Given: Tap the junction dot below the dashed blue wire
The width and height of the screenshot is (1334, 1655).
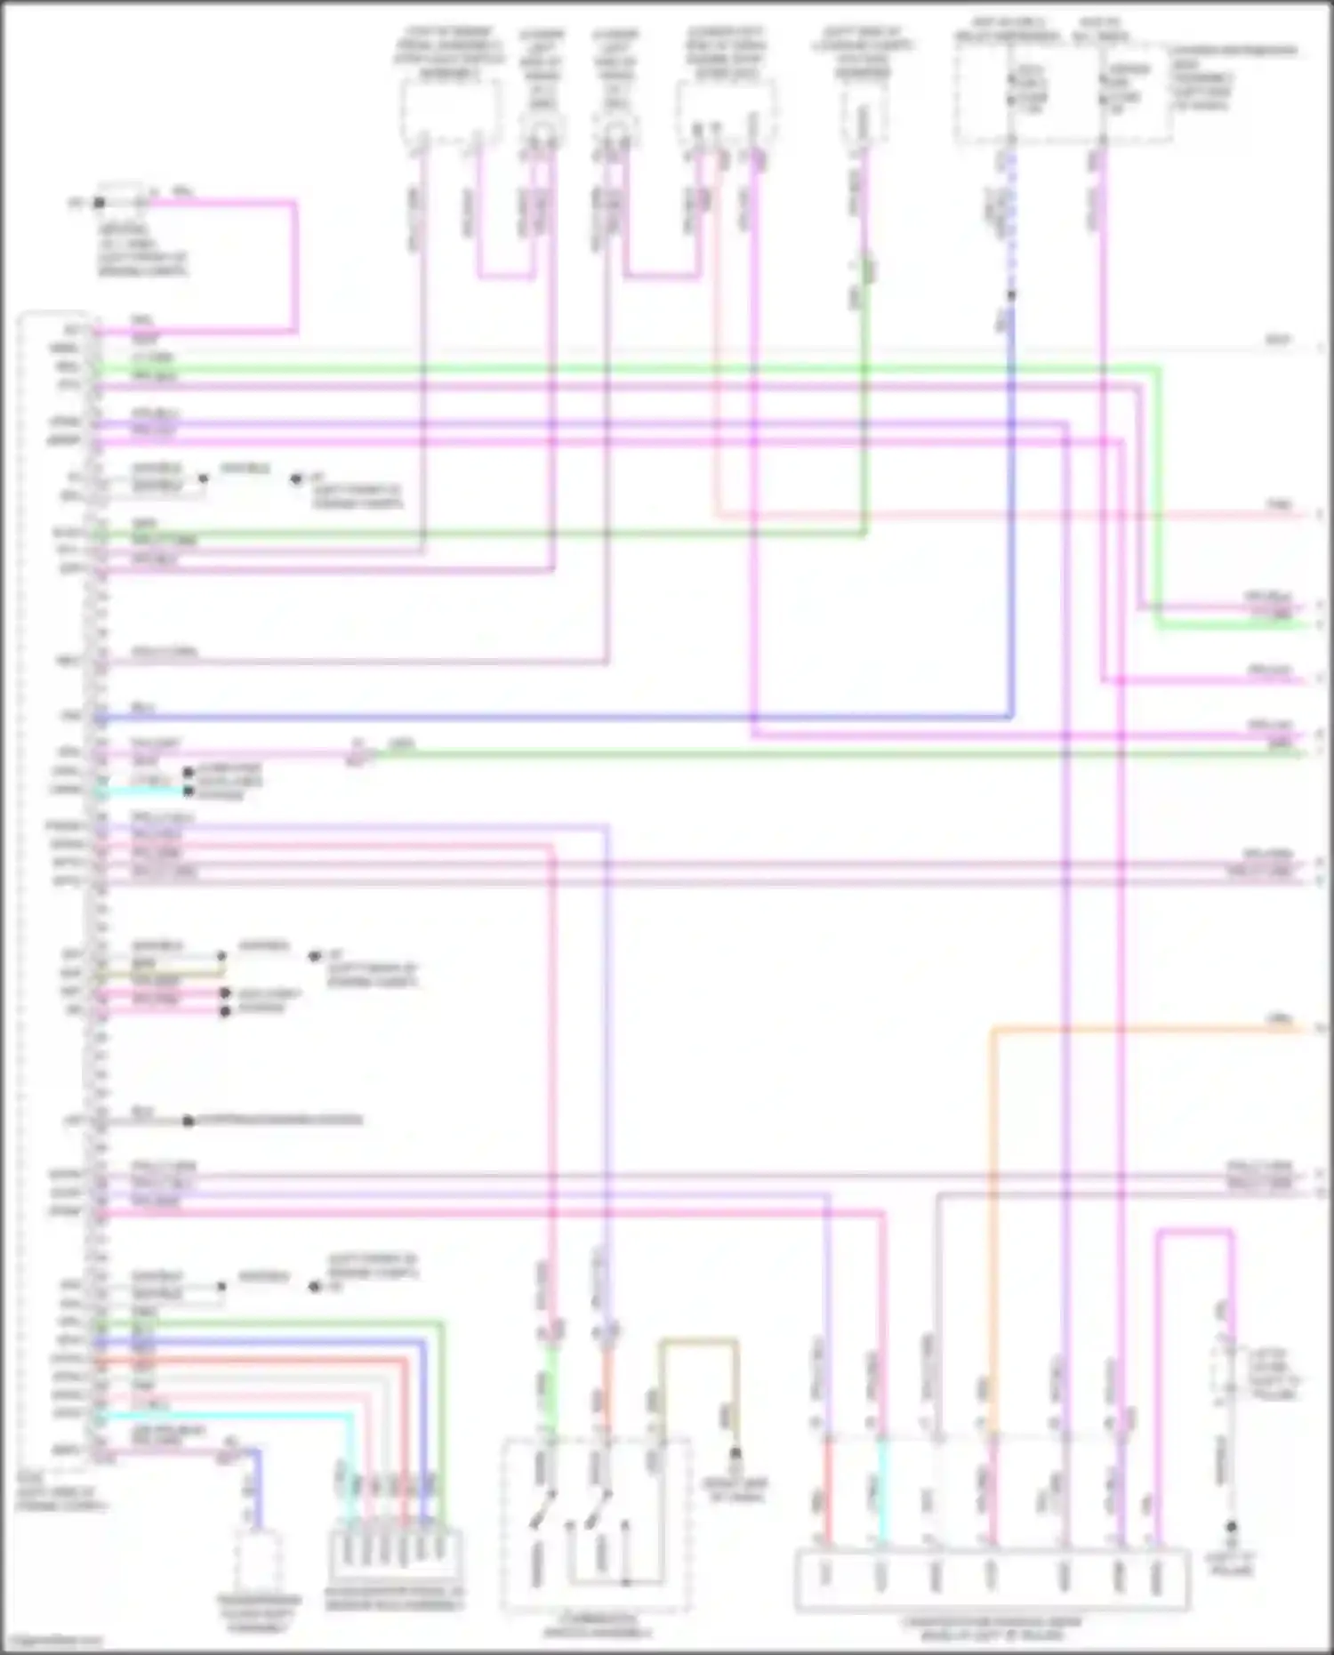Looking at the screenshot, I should click(1011, 294).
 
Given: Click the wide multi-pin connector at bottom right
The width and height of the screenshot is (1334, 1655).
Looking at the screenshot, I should click(992, 1579).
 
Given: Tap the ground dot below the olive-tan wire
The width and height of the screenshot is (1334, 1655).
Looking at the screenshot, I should click(735, 1455).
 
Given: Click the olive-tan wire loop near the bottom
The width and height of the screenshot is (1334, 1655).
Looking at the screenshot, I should click(698, 1342).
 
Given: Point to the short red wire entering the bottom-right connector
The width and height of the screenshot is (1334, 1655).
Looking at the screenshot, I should click(828, 1494).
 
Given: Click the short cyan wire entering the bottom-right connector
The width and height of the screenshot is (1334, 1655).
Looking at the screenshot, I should click(882, 1494).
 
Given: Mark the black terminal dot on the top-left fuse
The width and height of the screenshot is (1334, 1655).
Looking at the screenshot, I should click(100, 203).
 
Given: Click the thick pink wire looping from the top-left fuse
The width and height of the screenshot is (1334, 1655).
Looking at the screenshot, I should click(293, 267).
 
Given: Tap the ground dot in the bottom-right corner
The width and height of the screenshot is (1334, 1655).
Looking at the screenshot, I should click(1232, 1527).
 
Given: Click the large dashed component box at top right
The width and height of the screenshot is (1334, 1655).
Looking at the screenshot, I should click(1063, 93).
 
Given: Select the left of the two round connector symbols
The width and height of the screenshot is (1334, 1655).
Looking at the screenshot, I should click(542, 133).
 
